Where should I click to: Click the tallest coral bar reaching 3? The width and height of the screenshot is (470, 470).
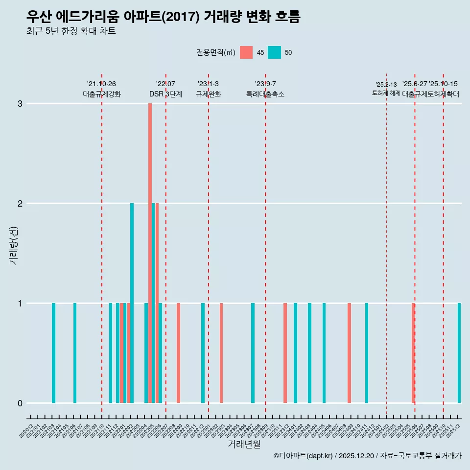point(150,253)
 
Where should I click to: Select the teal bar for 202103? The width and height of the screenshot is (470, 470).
point(53,353)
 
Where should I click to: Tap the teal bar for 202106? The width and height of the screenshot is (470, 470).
point(75,353)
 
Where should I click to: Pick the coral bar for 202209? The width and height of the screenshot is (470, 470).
point(178,353)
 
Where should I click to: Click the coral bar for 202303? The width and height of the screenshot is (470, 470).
point(221,353)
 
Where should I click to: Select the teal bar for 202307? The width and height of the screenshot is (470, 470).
point(253,353)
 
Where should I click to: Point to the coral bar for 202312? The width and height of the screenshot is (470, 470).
point(285,353)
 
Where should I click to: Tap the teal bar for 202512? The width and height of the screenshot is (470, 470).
point(459,353)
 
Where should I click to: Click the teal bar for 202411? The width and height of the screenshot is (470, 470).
point(367,353)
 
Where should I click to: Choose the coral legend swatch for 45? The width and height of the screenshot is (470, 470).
point(246,52)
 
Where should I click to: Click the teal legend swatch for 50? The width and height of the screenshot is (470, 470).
point(275,52)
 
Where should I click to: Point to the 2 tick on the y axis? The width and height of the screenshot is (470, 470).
point(20,203)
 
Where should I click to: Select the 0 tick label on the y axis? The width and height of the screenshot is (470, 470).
point(20,403)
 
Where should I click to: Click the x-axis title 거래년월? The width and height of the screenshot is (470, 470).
point(244,444)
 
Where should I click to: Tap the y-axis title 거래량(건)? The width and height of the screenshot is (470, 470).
point(13,245)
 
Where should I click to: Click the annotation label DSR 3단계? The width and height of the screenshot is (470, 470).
point(165,94)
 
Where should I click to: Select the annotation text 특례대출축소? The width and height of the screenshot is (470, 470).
point(265,94)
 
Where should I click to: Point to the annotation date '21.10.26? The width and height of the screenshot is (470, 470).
point(101,84)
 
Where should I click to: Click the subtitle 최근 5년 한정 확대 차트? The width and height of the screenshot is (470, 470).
point(71,31)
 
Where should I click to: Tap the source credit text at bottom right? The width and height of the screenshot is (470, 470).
point(367,456)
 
